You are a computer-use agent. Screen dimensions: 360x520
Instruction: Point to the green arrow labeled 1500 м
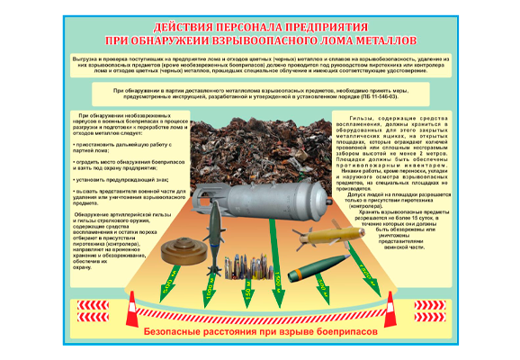pos(306,295)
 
